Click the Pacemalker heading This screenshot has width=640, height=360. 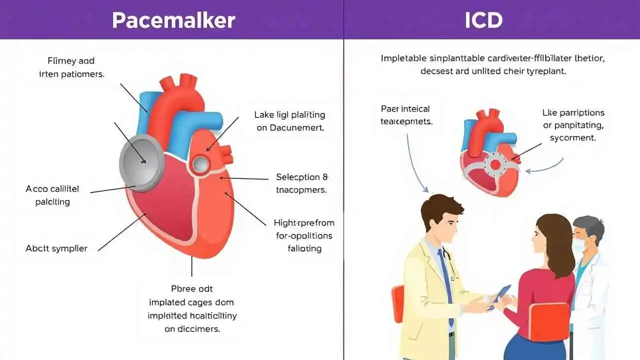pyautogui.click(x=173, y=20)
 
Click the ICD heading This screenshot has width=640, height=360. pyautogui.click(x=483, y=20)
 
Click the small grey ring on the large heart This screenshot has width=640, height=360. pyautogui.click(x=200, y=163)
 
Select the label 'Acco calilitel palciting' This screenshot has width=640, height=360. pyautogui.click(x=52, y=195)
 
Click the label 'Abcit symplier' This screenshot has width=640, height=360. pyautogui.click(x=56, y=248)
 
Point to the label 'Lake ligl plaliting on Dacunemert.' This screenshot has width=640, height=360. pyautogui.click(x=289, y=121)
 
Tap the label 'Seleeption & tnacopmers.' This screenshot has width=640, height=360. pyautogui.click(x=301, y=183)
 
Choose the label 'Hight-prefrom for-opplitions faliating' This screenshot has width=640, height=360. pyautogui.click(x=304, y=235)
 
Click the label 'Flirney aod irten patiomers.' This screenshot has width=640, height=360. pyautogui.click(x=71, y=67)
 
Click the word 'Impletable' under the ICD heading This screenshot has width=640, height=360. pyautogui.click(x=404, y=58)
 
